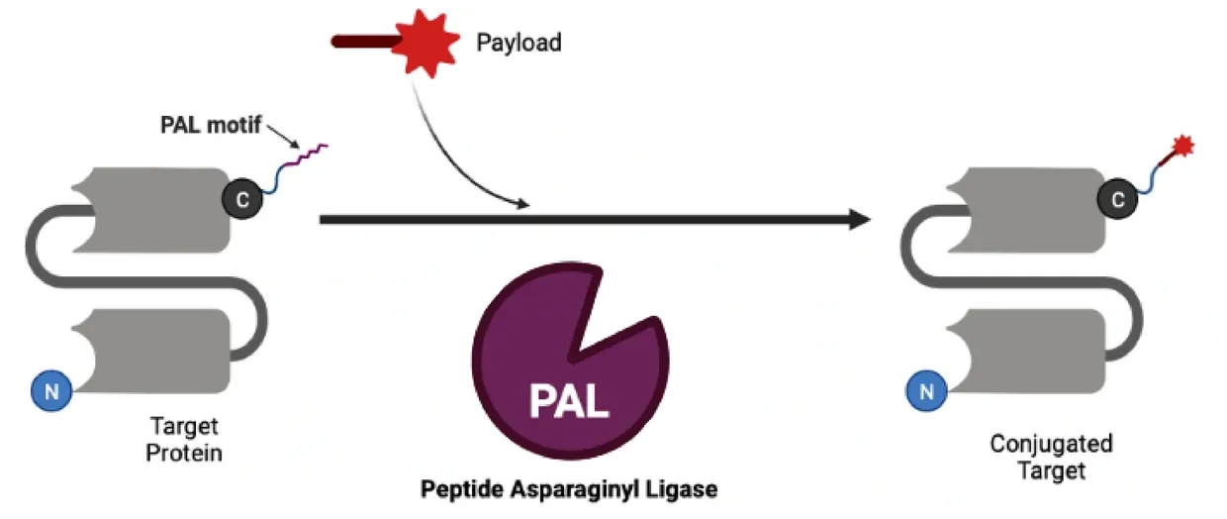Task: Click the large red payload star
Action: coord(426,42)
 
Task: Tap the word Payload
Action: coord(519,43)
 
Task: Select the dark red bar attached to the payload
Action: coord(365,42)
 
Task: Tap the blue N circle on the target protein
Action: coord(51,392)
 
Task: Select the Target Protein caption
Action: coord(184,441)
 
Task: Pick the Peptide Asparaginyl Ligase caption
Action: coord(569,489)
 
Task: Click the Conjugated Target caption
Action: coord(1051,457)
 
